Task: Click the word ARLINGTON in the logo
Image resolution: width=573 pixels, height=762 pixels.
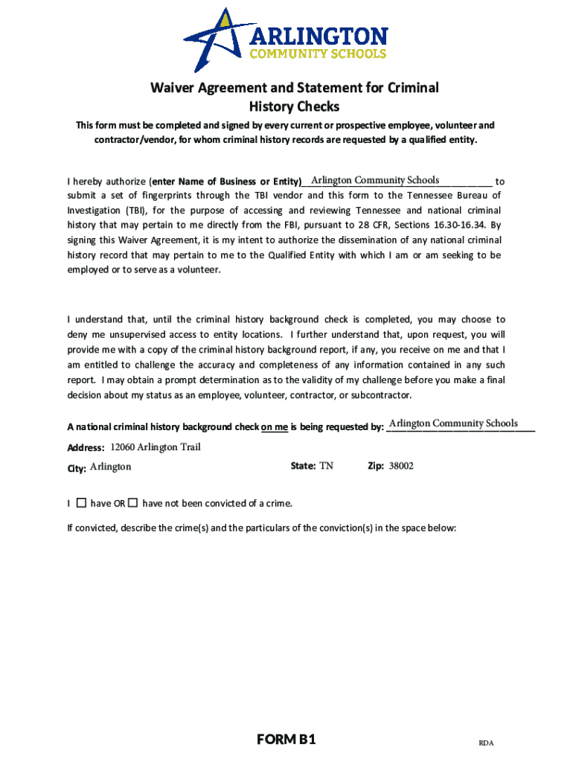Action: (318, 36)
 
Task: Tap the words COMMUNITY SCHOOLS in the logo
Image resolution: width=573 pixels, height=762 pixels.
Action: (318, 54)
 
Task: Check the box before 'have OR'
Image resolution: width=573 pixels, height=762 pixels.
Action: (81, 503)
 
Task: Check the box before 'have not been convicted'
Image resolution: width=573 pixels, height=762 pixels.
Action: (132, 503)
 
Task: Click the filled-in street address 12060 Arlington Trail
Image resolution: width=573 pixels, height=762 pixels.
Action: (156, 447)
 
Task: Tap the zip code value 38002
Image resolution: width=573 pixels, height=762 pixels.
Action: (401, 466)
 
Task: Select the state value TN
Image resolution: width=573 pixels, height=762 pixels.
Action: (326, 466)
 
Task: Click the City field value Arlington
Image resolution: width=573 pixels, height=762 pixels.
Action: (110, 467)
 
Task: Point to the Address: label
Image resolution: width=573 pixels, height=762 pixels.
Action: (86, 448)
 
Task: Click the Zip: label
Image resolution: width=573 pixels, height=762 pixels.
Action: (376, 466)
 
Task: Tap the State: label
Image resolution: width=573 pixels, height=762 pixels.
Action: (304, 466)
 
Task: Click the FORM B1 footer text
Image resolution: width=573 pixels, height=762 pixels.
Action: (286, 739)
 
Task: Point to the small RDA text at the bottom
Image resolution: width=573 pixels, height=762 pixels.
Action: (486, 743)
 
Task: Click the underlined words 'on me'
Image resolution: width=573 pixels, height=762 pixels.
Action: (274, 427)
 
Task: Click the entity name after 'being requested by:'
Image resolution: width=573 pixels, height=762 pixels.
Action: (453, 423)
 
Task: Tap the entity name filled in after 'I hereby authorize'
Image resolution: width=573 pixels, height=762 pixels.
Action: (375, 180)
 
